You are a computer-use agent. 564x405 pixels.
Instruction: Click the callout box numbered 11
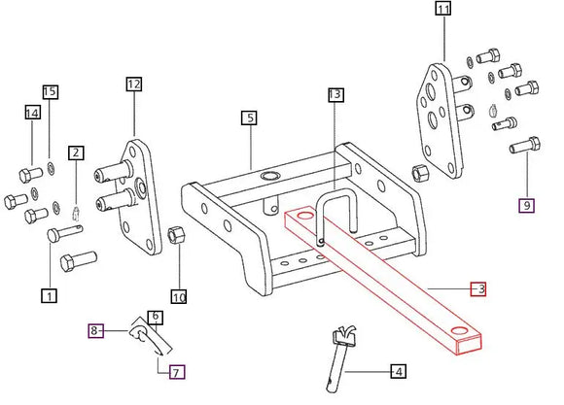pyautogui.click(x=443, y=11)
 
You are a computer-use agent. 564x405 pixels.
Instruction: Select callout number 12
pyautogui.click(x=133, y=84)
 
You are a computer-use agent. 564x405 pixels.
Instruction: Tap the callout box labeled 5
pyautogui.click(x=250, y=118)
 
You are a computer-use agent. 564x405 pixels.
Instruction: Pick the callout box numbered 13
pyautogui.click(x=335, y=95)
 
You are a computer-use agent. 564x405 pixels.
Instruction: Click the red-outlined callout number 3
pyautogui.click(x=478, y=288)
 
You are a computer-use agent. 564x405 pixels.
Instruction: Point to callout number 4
pyautogui.click(x=397, y=371)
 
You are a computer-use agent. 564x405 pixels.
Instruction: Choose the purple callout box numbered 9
pyautogui.click(x=526, y=205)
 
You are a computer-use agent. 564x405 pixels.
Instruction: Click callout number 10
pyautogui.click(x=178, y=295)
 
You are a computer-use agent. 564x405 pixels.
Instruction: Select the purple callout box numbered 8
pyautogui.click(x=95, y=331)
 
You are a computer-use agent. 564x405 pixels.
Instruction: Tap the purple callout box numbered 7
pyautogui.click(x=176, y=371)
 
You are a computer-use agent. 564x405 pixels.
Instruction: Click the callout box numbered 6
pyautogui.click(x=155, y=318)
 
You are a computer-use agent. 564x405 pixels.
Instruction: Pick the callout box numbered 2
pyautogui.click(x=76, y=152)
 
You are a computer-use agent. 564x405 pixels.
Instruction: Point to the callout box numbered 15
pyautogui.click(x=50, y=92)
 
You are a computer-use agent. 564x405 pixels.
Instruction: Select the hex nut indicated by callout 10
pyautogui.click(x=177, y=236)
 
